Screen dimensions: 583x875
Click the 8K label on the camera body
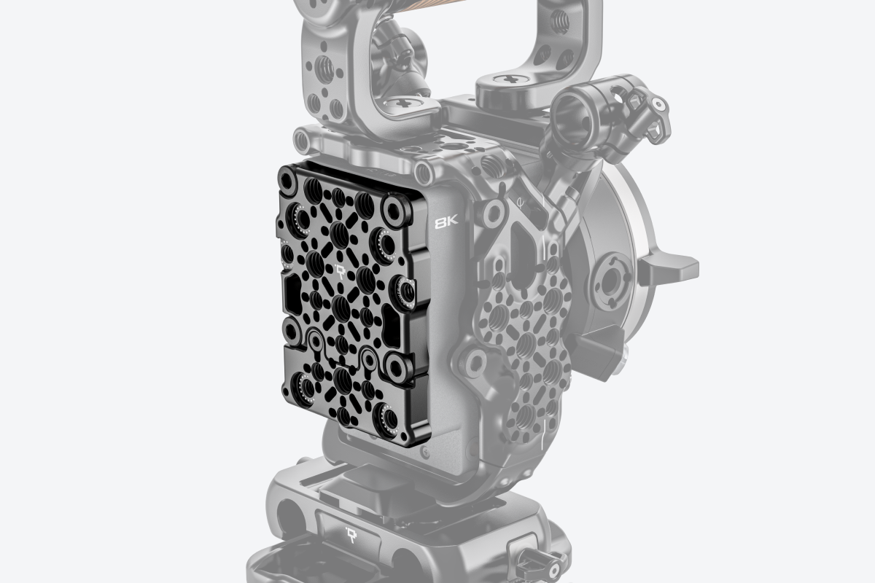(446, 223)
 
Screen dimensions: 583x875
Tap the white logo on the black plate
(341, 273)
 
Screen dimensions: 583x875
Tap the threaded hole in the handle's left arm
(326, 70)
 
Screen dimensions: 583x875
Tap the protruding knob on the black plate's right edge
(405, 290)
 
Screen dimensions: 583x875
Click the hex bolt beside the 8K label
(491, 213)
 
